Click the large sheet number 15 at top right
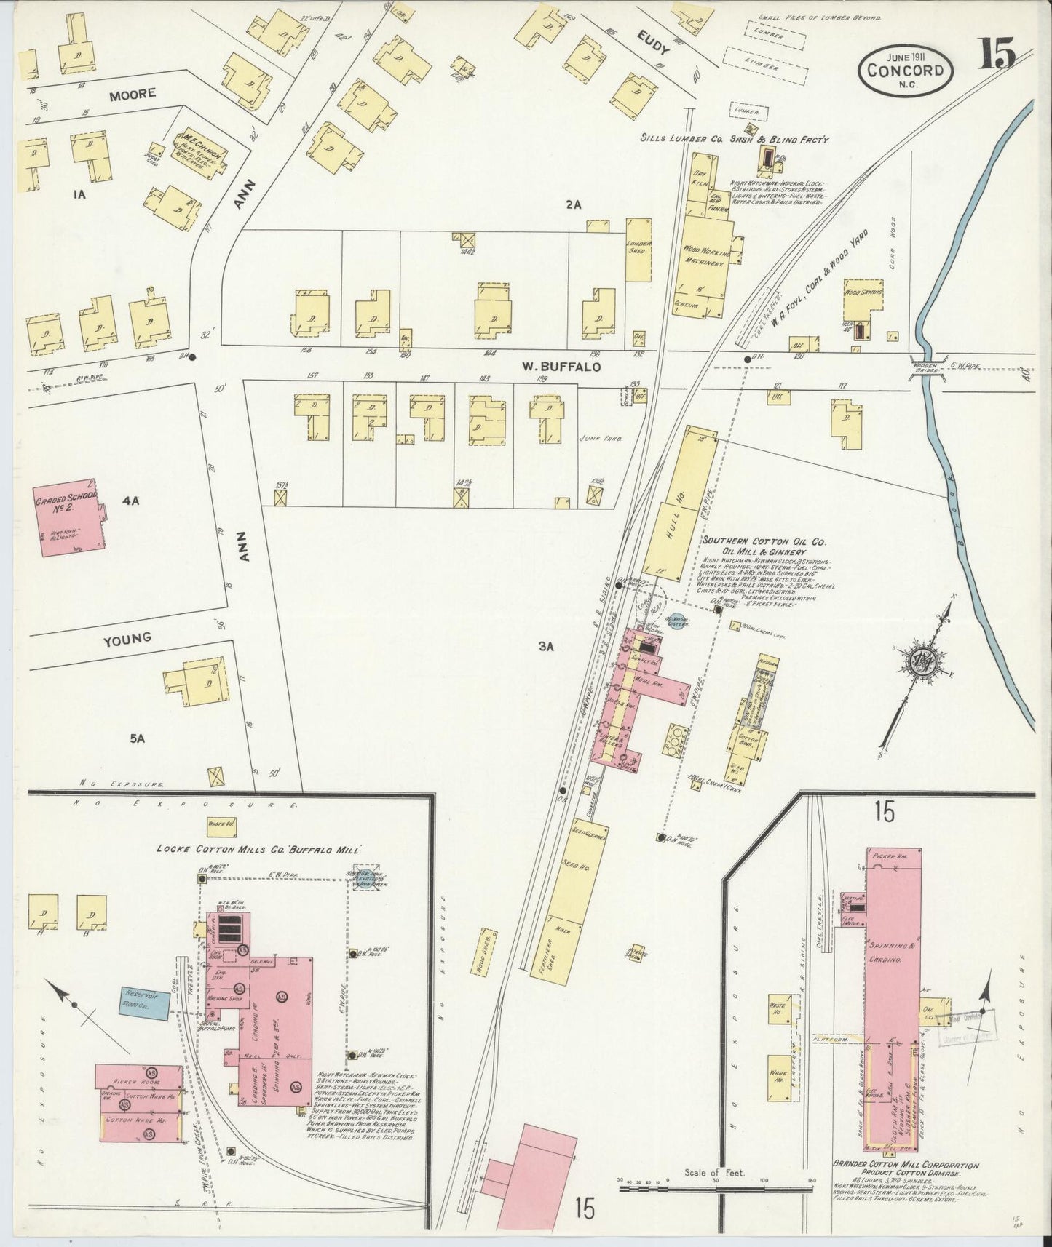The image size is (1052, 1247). (997, 55)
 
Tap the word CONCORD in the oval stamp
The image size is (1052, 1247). (906, 71)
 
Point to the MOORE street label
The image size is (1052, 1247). (133, 95)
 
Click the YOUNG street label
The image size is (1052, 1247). (127, 638)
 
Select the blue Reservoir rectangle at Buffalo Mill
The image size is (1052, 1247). (146, 1003)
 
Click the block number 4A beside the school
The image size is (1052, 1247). (130, 501)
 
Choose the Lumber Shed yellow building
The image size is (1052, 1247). (638, 250)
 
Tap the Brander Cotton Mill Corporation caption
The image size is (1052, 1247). (906, 1166)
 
